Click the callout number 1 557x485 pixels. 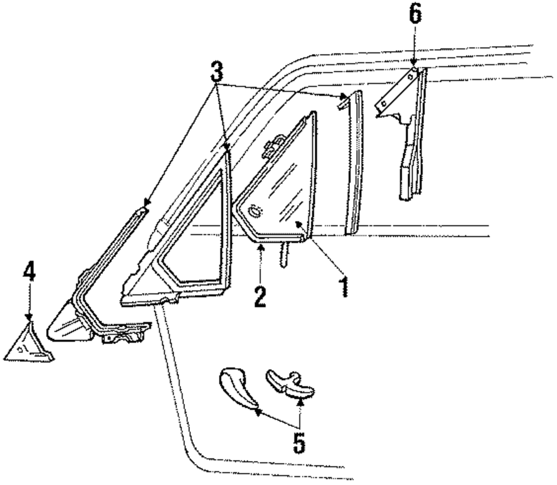344,286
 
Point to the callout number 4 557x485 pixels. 29,272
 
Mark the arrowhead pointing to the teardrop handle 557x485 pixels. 257,413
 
